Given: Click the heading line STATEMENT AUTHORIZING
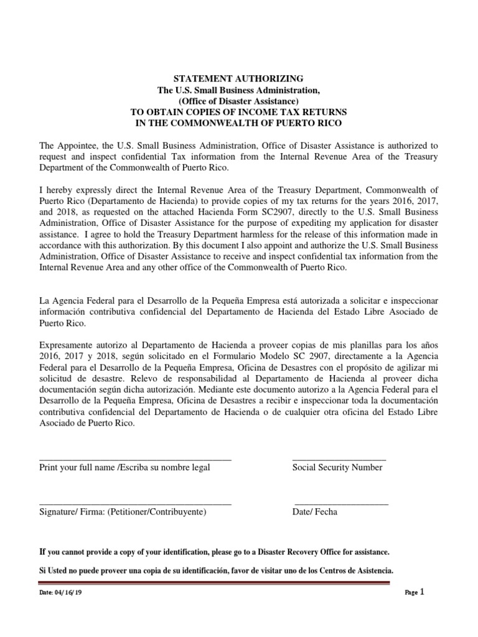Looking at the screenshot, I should click(x=238, y=78).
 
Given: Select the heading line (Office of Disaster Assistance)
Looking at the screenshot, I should click(x=238, y=101).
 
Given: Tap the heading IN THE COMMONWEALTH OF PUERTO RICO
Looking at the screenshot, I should click(x=238, y=123).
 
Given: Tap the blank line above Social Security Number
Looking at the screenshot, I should click(x=339, y=458).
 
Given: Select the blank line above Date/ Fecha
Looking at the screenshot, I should click(x=341, y=503).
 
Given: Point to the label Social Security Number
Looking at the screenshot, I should click(x=337, y=468).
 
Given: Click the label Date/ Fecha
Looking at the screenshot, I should click(x=315, y=513).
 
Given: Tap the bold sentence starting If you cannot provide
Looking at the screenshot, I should click(x=215, y=552).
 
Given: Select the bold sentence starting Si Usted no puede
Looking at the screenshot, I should click(x=216, y=570).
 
